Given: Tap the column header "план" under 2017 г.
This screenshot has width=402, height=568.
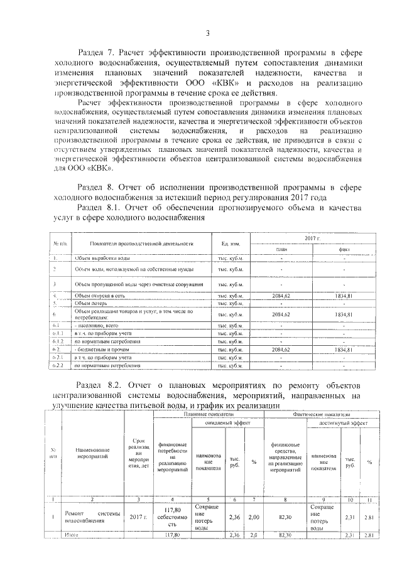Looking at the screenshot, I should tap(281, 249).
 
